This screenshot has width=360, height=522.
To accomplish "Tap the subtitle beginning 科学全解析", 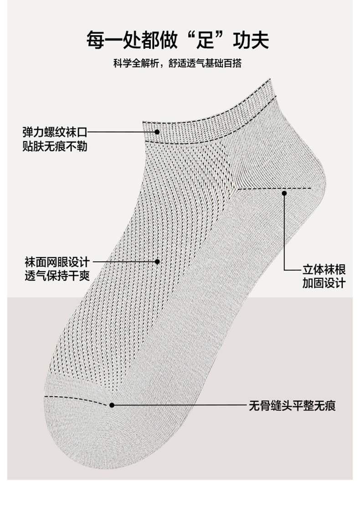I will click(178, 63).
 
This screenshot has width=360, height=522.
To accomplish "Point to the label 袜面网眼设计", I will click(57, 262).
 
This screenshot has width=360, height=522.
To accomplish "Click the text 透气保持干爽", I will click(57, 276).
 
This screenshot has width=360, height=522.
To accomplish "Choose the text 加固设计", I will click(324, 283).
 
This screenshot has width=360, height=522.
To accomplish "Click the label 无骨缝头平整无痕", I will click(292, 405).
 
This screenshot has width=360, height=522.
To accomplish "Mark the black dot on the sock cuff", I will click(157, 132).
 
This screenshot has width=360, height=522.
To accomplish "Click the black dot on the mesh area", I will click(157, 261).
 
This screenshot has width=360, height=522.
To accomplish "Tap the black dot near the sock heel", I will click(284, 193).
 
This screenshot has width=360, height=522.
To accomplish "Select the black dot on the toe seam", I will click(112, 404).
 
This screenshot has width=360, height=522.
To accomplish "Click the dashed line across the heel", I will click(273, 188).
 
